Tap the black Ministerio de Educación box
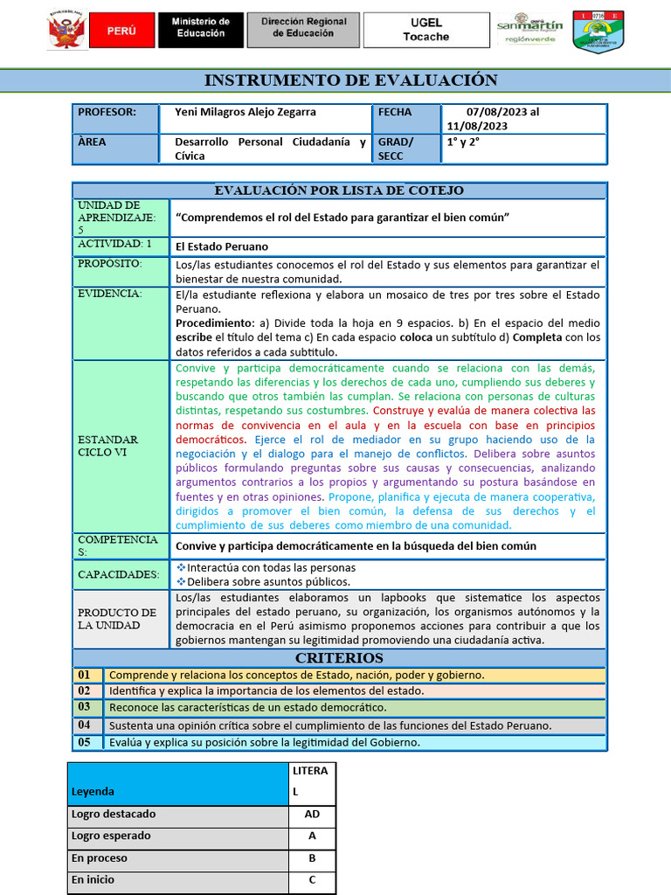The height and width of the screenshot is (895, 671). pos(200,30)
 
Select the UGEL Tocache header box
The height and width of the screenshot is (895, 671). pos(425,30)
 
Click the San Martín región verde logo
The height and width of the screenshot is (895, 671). pos(529,31)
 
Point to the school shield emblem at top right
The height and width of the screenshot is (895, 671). pos(598,31)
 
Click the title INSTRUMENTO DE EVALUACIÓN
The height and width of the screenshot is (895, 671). pos(350,80)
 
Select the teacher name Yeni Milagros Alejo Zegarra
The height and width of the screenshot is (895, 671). pos(246,113)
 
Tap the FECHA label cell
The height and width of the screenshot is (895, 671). pos(395,113)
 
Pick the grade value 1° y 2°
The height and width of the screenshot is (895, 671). pos(464,142)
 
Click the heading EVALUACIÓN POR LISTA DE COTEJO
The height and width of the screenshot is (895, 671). pos(339,191)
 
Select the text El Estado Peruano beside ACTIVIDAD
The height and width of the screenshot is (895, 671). pos(222,246)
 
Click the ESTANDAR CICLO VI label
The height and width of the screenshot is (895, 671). pos(107,446)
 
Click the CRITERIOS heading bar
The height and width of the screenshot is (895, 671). pos(339,658)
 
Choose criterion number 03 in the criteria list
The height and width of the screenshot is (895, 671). pos(84,707)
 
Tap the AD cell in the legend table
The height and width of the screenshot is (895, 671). pos(312,815)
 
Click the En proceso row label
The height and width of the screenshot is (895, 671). pos(99,858)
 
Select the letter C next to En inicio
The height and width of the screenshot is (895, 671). pos(312,880)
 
